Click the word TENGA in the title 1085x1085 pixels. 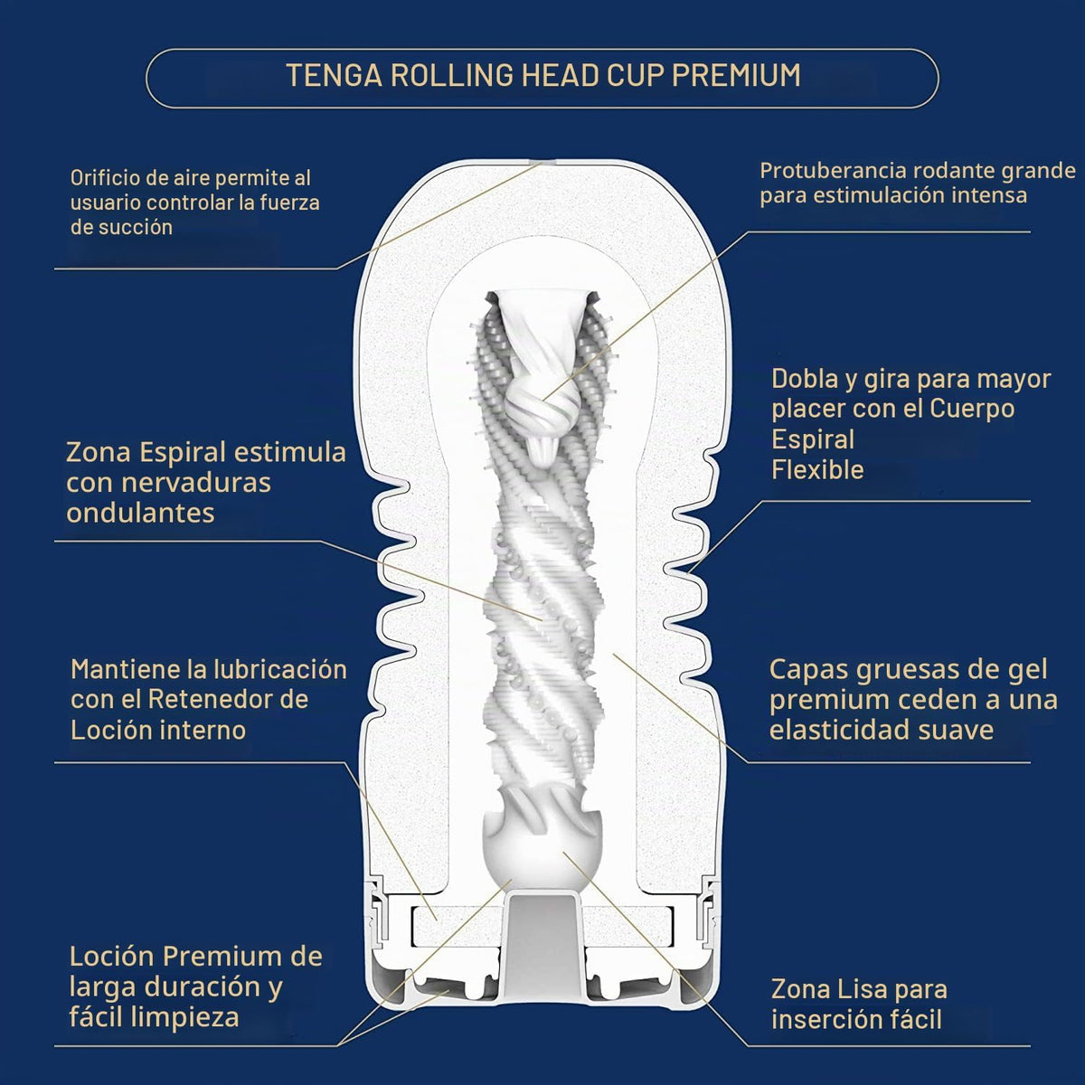334,75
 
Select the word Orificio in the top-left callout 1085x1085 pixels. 105,178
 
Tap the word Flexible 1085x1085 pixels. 817,469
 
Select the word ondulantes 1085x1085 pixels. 140,513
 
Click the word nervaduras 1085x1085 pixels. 196,483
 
